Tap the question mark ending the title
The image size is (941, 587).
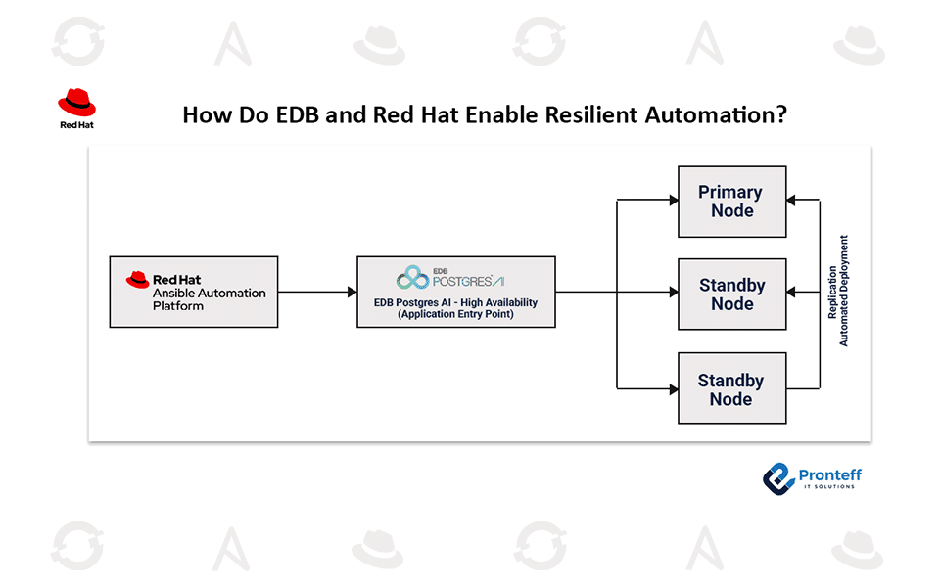(x=781, y=115)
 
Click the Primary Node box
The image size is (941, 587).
(x=731, y=202)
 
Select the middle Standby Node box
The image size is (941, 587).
(x=731, y=294)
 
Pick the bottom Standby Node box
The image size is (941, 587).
(x=731, y=388)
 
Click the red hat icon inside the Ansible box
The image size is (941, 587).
(x=138, y=280)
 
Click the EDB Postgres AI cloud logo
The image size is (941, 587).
(x=413, y=278)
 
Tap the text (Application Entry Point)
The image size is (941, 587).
(x=455, y=316)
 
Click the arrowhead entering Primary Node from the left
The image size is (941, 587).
(x=673, y=201)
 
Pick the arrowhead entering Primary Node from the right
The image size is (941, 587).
(x=792, y=201)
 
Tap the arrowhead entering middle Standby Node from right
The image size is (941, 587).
(x=792, y=292)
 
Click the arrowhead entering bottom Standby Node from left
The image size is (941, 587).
(x=673, y=388)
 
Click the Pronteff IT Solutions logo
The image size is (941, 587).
(x=812, y=476)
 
